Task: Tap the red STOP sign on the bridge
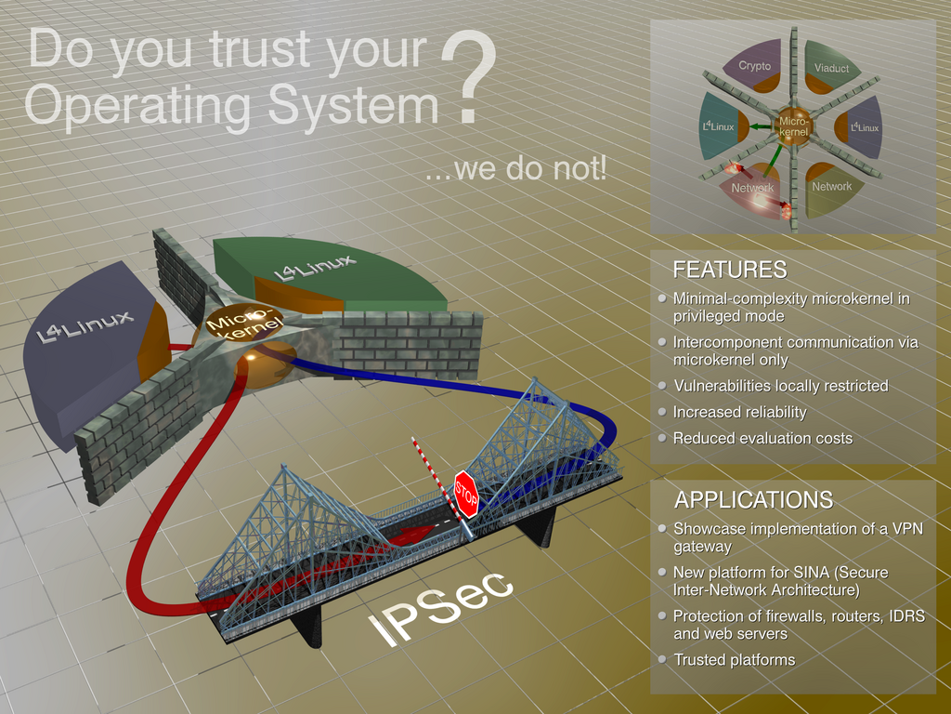(466, 495)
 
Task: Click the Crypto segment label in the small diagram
(754, 66)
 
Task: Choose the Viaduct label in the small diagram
(831, 69)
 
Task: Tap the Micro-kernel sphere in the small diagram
(793, 126)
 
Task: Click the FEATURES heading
(730, 270)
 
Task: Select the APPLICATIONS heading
(754, 499)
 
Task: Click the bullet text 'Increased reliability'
(740, 412)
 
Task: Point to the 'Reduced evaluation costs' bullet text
(763, 439)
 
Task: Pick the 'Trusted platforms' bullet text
(735, 660)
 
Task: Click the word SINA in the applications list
(814, 573)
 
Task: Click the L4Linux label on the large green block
(315, 268)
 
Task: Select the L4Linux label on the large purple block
(85, 326)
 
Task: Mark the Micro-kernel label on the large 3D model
(244, 323)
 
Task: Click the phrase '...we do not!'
(515, 167)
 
